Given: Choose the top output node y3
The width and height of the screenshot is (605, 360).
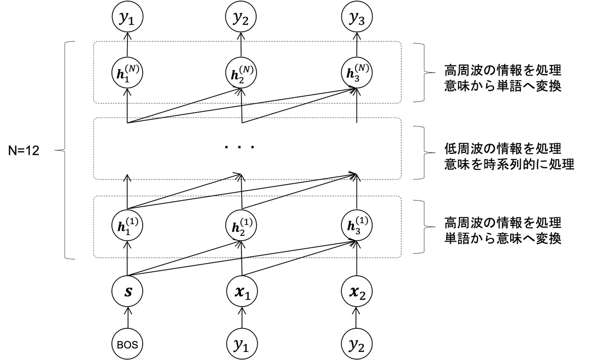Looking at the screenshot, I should click(356, 18).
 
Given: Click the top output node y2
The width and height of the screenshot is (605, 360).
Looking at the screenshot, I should click(242, 18).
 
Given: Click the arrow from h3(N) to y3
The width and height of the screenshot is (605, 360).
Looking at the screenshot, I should click(356, 45).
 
